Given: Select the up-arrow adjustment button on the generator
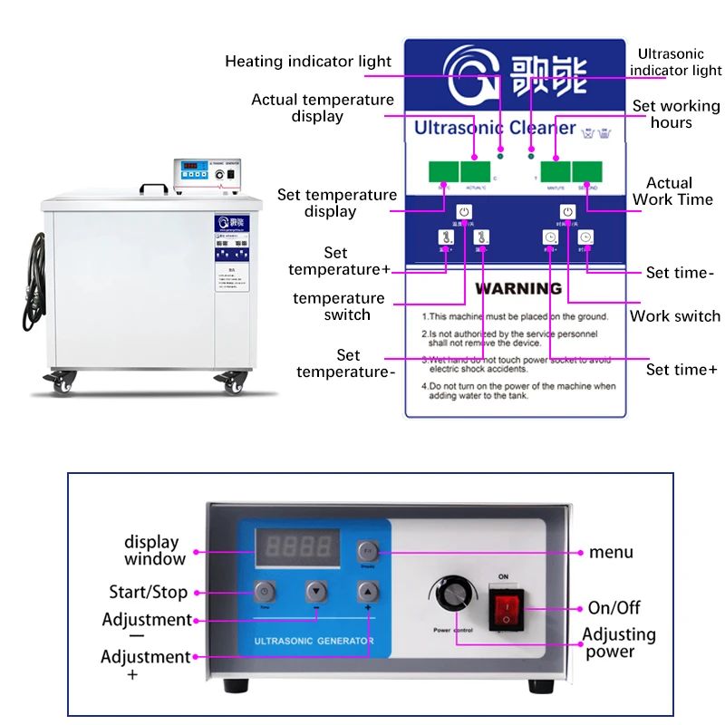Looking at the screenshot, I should [367, 591].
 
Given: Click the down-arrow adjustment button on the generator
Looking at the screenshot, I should [315, 591].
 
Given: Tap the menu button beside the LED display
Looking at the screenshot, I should [367, 551].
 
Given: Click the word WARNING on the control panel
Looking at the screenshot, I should [519, 289].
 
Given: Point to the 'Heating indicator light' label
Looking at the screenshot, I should [308, 62].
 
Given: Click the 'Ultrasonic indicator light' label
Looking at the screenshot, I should [675, 63].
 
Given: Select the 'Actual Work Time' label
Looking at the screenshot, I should [672, 191].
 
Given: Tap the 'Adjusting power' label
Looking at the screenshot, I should [620, 643].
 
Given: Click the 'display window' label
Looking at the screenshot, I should [153, 551].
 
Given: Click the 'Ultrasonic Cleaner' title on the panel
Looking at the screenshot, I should [495, 128].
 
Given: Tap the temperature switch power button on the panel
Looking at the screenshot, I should [464, 213].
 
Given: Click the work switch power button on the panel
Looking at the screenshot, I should [567, 213].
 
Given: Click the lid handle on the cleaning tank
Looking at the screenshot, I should [153, 188].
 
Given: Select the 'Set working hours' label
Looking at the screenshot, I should [675, 114].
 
